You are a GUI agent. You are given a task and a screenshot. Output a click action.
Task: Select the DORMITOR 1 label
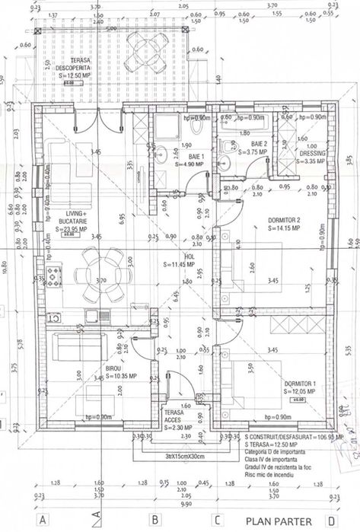(299, 387)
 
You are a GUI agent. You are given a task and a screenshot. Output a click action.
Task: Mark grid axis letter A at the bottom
(43, 521)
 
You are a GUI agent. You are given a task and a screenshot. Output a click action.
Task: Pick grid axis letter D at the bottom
(330, 521)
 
